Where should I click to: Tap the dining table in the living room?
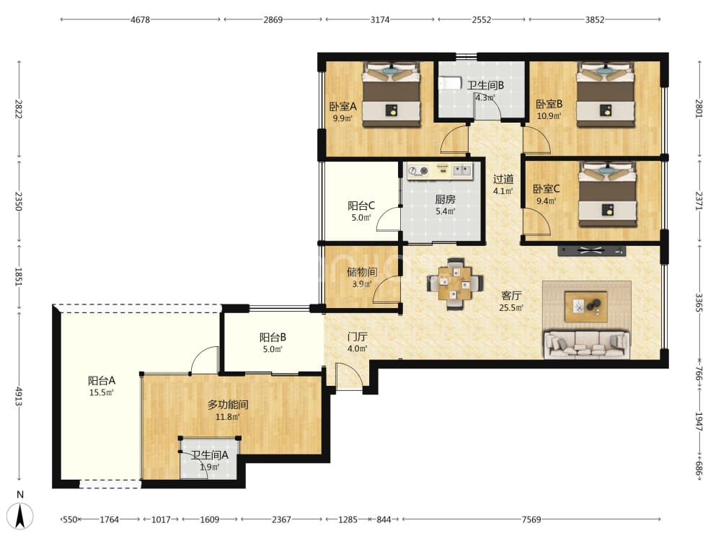coord(454,283)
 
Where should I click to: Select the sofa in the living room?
coord(586,344)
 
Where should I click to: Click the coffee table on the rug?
coord(586,307)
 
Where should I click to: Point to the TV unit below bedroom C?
coord(591,251)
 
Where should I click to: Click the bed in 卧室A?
coord(392,94)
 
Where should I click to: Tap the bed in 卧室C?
coord(607,194)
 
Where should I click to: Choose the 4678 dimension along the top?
coord(141,19)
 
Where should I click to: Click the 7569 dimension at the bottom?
coord(531,519)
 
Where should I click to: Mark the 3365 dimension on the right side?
coord(699,303)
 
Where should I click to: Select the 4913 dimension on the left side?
coord(19,396)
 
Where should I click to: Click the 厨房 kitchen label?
coord(445,199)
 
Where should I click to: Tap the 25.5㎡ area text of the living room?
coord(511,308)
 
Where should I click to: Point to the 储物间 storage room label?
coord(362,272)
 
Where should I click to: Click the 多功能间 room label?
coord(228,405)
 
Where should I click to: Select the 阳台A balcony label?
coord(102,381)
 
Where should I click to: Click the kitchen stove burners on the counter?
coord(418,171)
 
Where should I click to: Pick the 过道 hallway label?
coord(503,179)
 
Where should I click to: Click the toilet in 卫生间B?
coord(450,83)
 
